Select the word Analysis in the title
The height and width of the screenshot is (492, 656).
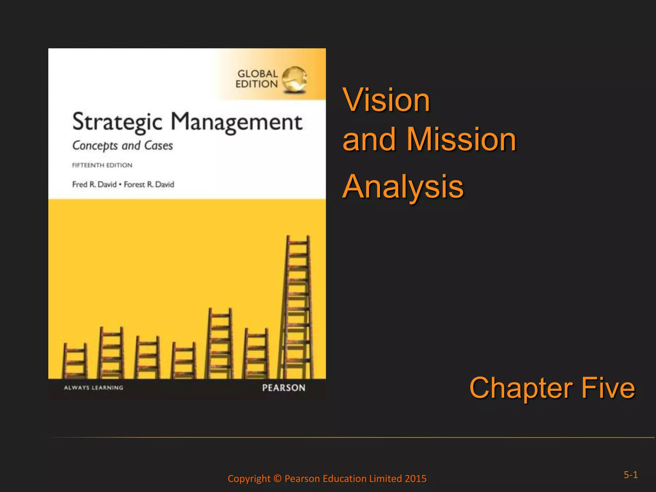click(403, 186)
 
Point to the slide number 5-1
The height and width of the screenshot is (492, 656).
click(630, 475)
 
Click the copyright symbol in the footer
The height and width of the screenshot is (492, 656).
click(277, 479)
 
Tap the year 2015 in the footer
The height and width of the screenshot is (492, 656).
click(415, 479)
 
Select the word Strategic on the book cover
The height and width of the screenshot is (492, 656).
click(117, 122)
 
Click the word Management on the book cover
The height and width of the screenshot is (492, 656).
click(236, 122)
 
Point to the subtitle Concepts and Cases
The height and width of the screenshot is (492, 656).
click(122, 146)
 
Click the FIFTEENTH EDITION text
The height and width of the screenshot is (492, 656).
click(102, 165)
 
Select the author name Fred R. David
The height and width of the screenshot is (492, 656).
click(94, 184)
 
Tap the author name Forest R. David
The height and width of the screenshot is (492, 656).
click(149, 184)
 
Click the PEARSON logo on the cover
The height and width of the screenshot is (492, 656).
click(283, 388)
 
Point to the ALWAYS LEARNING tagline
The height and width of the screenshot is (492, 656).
click(94, 388)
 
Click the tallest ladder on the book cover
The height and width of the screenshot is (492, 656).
click(297, 307)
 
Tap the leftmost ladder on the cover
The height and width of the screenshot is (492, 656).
click(75, 361)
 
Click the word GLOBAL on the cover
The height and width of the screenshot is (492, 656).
click(258, 74)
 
